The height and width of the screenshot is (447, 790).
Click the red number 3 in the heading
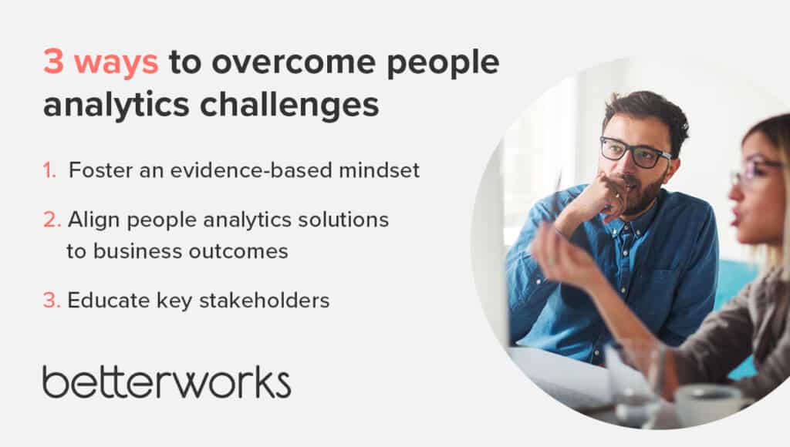[53, 62]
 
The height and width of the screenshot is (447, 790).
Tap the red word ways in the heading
[116, 65]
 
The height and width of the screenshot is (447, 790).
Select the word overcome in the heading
[293, 62]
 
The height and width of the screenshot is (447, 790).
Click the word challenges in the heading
[289, 106]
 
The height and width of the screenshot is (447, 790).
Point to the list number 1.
[49, 170]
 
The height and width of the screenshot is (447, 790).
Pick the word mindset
[380, 170]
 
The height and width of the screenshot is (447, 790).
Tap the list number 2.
[52, 220]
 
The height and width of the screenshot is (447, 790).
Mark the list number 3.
[52, 301]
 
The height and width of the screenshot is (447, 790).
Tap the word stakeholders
[265, 301]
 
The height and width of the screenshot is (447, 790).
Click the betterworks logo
[167, 382]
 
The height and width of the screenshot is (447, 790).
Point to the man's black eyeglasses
[635, 152]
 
